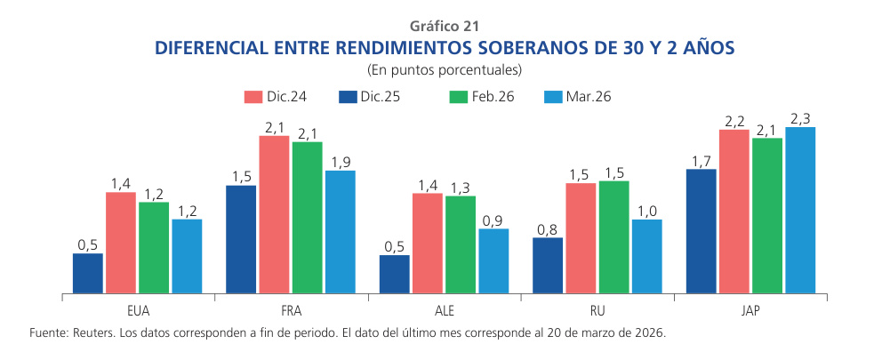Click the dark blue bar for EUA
[88, 273]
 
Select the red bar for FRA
[275, 214]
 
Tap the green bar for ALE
[461, 244]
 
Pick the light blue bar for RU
[646, 256]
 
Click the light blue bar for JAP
[800, 210]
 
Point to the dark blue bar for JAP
[702, 231]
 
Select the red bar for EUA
[121, 243]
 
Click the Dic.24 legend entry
[275, 96]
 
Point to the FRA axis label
[291, 311]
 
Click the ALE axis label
[444, 311]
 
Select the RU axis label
[597, 311]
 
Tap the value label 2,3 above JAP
[800, 118]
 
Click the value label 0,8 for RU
[548, 229]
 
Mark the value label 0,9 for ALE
[493, 220]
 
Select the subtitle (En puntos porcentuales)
[445, 68]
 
